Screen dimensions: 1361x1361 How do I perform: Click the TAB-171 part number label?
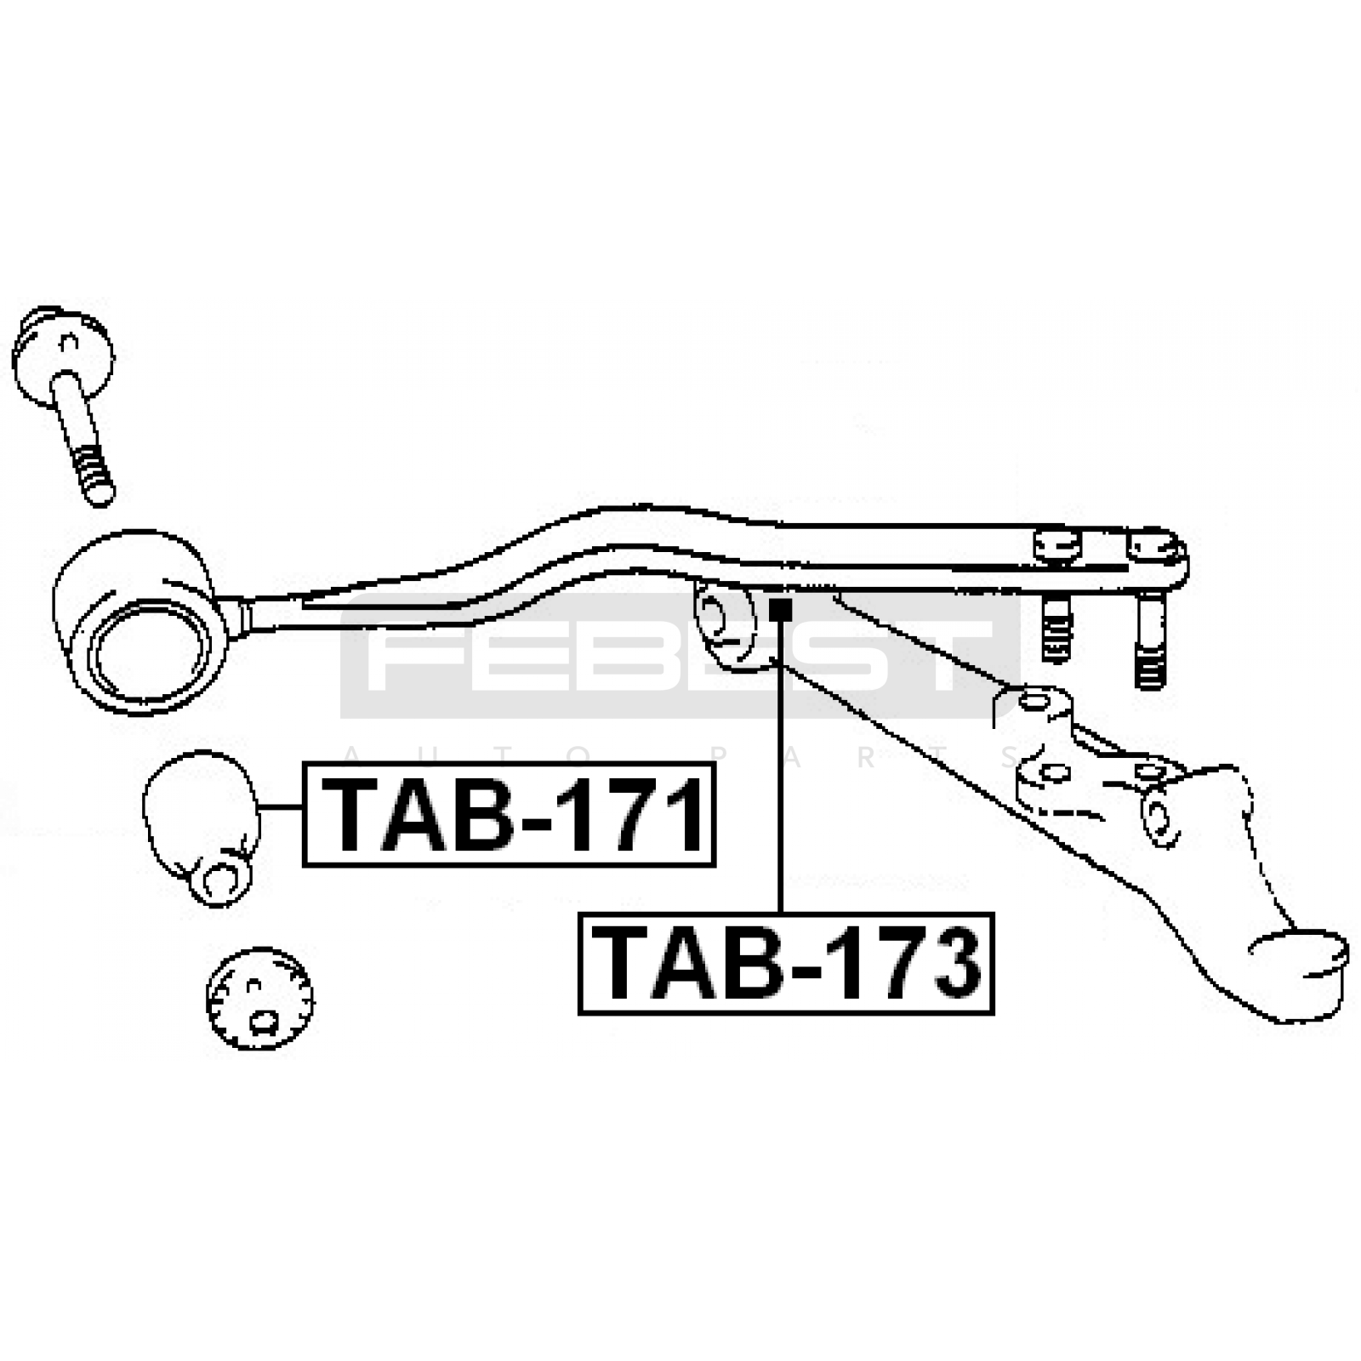(x=509, y=814)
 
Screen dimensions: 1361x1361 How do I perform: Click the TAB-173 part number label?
(x=786, y=964)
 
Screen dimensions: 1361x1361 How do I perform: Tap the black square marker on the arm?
(x=780, y=609)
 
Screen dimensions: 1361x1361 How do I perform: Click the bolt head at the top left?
(x=62, y=355)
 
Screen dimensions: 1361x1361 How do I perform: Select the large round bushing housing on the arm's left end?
(x=140, y=624)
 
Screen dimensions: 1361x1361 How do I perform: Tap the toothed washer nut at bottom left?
(x=259, y=998)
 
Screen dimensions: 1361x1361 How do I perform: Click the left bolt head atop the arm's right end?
(x=1057, y=545)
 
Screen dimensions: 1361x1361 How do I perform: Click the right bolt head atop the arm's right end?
(x=1154, y=547)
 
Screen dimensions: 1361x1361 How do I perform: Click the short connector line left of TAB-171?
(x=282, y=806)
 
